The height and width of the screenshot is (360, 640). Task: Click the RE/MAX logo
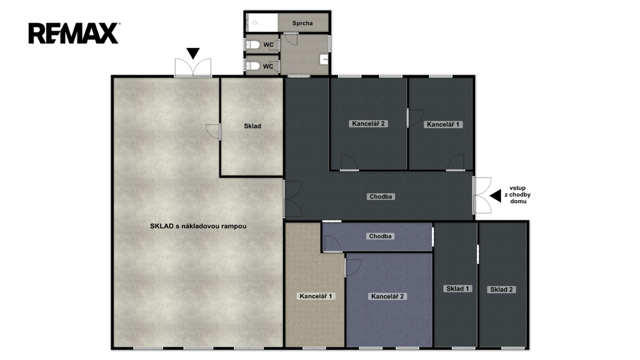(x=74, y=33)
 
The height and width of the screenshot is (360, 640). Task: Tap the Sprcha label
(x=302, y=23)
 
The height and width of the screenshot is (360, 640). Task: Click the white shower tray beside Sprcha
(x=262, y=22)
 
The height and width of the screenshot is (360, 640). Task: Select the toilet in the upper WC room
(x=254, y=44)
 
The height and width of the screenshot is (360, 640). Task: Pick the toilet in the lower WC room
(x=254, y=66)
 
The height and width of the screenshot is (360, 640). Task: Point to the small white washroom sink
(x=324, y=59)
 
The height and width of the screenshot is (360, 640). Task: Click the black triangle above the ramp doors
(x=193, y=54)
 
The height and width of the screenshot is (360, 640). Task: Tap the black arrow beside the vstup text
(x=496, y=196)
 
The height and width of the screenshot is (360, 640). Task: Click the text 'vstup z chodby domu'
(x=517, y=195)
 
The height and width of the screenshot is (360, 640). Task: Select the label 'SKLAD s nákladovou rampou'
(x=198, y=226)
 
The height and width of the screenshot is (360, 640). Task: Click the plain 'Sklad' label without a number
(x=252, y=126)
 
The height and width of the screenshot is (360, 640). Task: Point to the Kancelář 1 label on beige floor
(x=316, y=296)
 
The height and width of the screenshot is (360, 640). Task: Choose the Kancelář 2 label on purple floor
(x=387, y=296)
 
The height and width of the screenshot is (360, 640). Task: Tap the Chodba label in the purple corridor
(x=380, y=236)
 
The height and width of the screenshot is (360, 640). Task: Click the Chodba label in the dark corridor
(x=381, y=197)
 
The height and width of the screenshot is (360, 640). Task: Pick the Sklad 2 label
(x=501, y=289)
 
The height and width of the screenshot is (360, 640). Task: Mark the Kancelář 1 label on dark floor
(x=443, y=124)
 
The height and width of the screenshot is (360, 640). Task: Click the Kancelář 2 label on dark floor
(x=369, y=124)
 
